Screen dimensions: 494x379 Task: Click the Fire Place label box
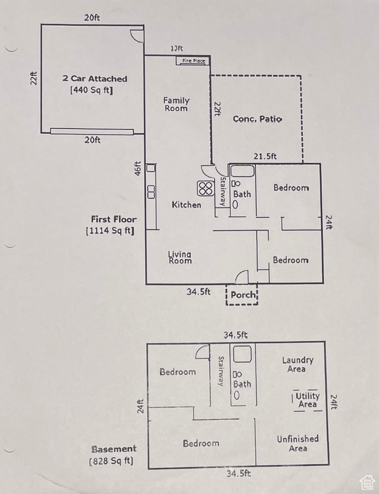click(x=193, y=61)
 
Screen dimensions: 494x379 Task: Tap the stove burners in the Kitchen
click(x=205, y=188)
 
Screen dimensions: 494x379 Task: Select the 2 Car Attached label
click(x=95, y=79)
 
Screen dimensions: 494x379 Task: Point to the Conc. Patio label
click(x=257, y=119)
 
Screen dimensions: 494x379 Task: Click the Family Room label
click(x=176, y=104)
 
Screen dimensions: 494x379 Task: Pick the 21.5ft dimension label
click(x=265, y=156)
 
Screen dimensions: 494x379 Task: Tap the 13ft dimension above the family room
click(x=176, y=49)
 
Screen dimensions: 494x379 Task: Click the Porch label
click(x=242, y=295)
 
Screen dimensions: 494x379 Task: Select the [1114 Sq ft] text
click(x=110, y=231)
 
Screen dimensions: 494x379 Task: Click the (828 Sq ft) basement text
click(x=111, y=461)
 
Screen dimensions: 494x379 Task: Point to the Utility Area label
click(x=308, y=400)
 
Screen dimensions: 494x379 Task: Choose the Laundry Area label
click(x=297, y=364)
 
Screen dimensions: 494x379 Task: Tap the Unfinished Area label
click(x=298, y=443)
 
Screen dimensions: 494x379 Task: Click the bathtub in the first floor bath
click(x=242, y=171)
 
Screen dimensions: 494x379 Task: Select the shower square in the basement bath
click(x=242, y=354)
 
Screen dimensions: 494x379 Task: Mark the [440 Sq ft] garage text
click(x=92, y=90)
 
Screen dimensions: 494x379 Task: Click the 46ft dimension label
click(x=138, y=168)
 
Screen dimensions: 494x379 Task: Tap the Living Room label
click(x=180, y=257)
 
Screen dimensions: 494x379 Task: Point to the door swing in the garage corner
click(x=138, y=35)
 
